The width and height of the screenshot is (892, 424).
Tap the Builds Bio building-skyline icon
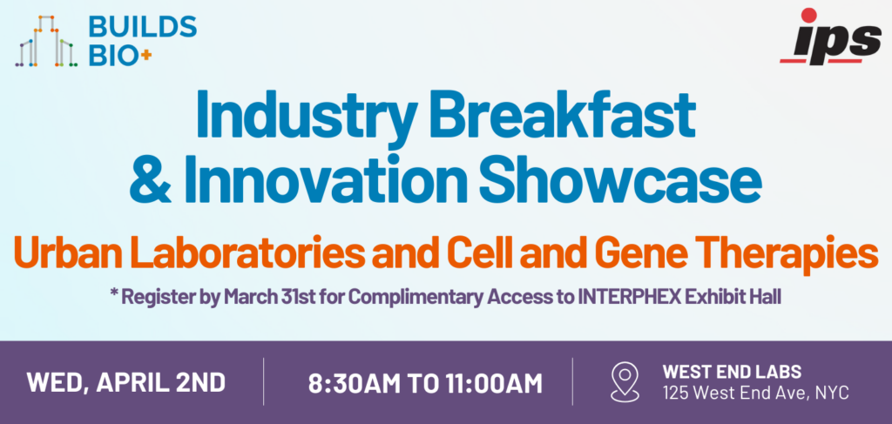point(46,41)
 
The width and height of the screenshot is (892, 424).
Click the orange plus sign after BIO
point(146,55)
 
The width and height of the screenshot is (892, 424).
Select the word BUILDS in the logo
point(143,26)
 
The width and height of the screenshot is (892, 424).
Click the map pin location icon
point(624,382)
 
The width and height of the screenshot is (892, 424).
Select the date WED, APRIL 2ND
point(125,382)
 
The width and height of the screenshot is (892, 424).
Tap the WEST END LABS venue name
point(732,372)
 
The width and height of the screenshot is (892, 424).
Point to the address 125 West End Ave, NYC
point(755,392)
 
